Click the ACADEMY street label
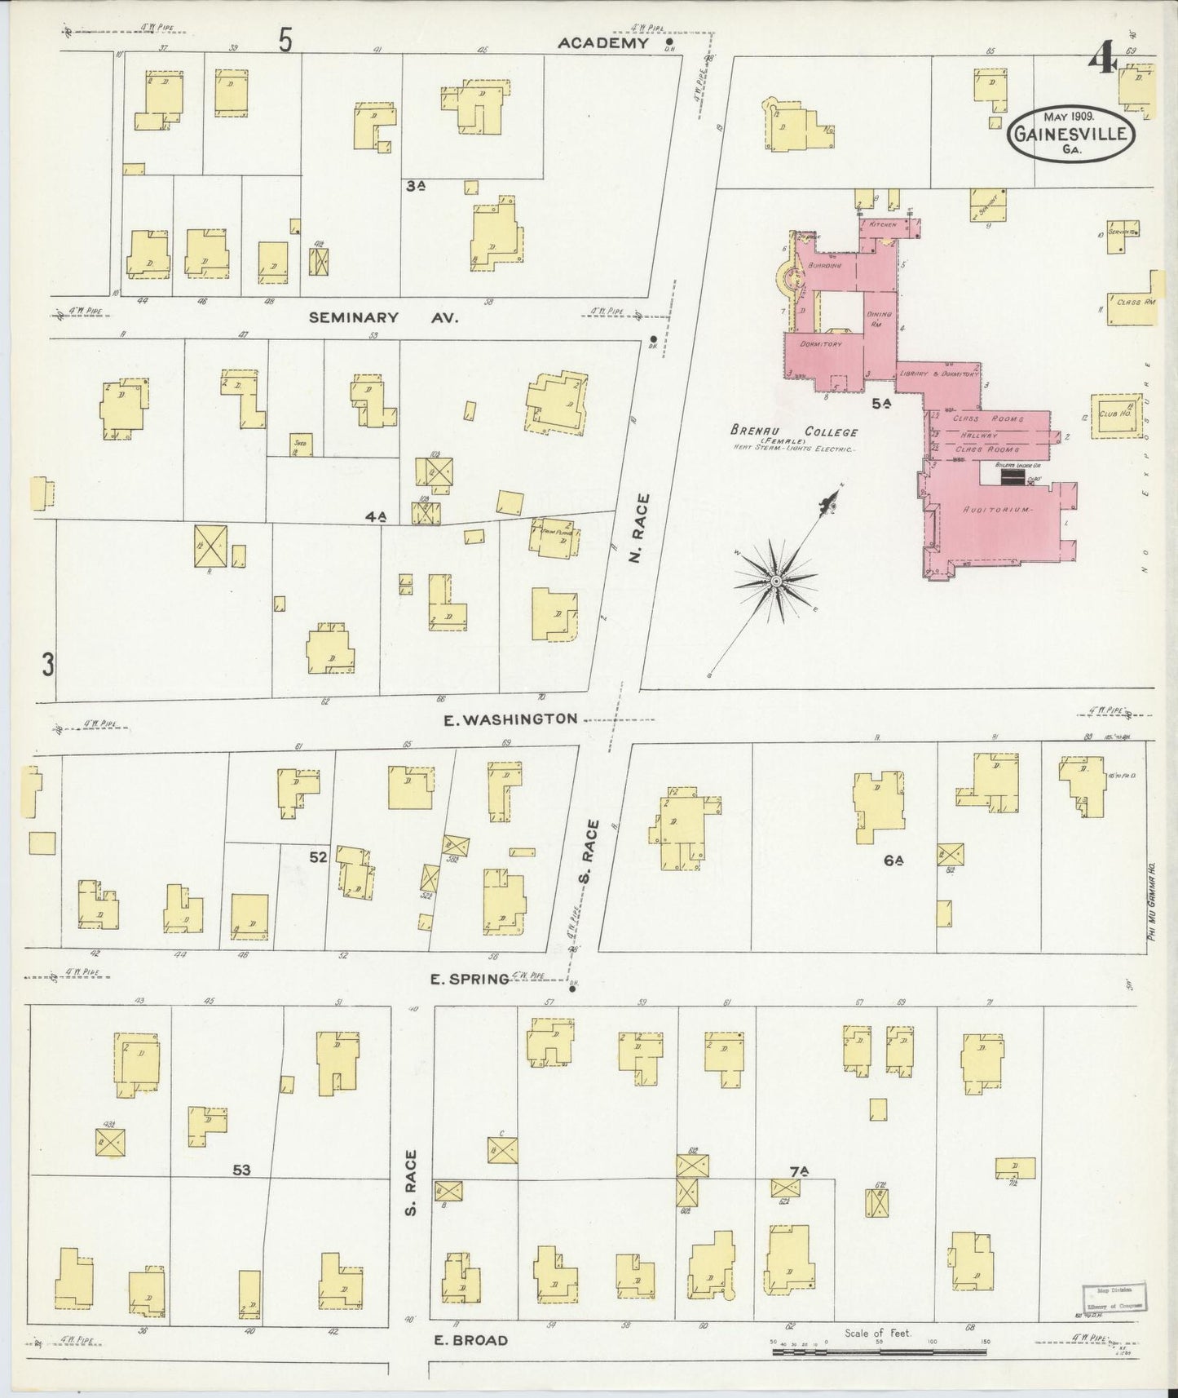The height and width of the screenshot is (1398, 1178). [602, 43]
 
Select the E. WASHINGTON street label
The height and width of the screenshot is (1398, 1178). [510, 719]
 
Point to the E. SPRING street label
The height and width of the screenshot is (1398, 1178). [470, 978]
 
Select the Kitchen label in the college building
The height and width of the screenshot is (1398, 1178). [883, 223]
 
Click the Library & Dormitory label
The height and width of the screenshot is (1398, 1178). [937, 374]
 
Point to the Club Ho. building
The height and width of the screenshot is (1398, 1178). [1116, 415]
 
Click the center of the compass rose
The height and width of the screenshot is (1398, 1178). [776, 580]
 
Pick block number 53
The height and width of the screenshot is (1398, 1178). [241, 1170]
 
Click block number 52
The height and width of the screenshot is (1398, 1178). [318, 857]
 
